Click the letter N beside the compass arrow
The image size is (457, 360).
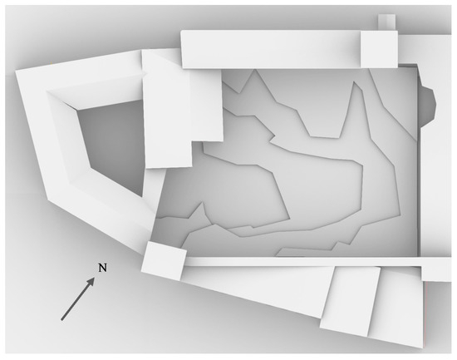[x=102, y=268]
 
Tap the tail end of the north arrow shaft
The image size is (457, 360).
[x=61, y=320]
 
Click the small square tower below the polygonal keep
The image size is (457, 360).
[x=164, y=261]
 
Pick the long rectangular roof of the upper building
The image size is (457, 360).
[x=271, y=49]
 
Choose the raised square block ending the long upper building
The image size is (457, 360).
[x=379, y=49]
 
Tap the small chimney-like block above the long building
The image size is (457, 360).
[x=386, y=22]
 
